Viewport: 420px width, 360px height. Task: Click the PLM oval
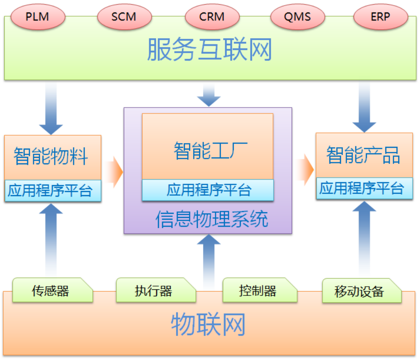(37, 17)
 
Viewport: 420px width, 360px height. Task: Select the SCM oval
(124, 17)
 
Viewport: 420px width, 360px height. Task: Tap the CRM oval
(212, 17)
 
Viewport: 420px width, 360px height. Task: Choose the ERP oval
(380, 17)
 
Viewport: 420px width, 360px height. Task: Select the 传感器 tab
(51, 290)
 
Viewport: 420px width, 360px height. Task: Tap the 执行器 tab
(153, 290)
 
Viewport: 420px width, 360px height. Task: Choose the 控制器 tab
(258, 290)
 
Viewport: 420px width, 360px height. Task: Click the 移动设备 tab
(359, 291)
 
